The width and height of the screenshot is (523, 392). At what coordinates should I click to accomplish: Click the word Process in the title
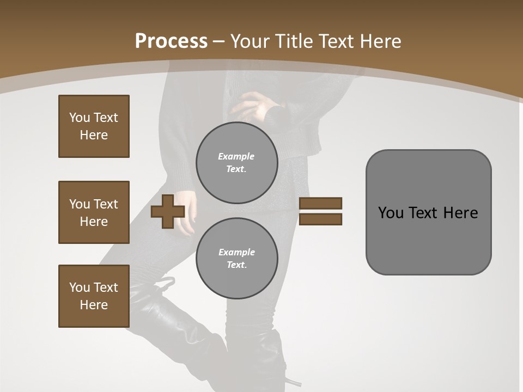tap(171, 41)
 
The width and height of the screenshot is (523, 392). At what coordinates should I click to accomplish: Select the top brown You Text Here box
tap(94, 126)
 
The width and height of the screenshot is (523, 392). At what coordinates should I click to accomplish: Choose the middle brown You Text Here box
tap(94, 212)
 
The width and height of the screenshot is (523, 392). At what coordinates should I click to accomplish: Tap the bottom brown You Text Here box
tap(94, 296)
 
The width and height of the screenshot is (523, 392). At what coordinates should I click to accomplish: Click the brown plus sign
tap(168, 211)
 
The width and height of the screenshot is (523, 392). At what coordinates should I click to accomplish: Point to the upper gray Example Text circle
tap(236, 163)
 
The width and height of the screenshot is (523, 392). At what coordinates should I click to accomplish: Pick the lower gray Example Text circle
tap(236, 259)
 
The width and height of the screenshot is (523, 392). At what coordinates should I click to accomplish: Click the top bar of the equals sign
tap(320, 203)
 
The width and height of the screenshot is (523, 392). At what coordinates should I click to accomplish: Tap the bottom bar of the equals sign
tap(320, 219)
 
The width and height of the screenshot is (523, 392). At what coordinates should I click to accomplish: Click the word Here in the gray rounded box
tap(460, 213)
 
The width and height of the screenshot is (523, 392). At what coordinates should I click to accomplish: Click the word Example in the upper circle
tap(236, 157)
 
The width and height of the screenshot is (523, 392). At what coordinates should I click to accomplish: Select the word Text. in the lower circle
tap(236, 265)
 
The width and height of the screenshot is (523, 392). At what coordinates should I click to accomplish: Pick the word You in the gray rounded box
tap(391, 213)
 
